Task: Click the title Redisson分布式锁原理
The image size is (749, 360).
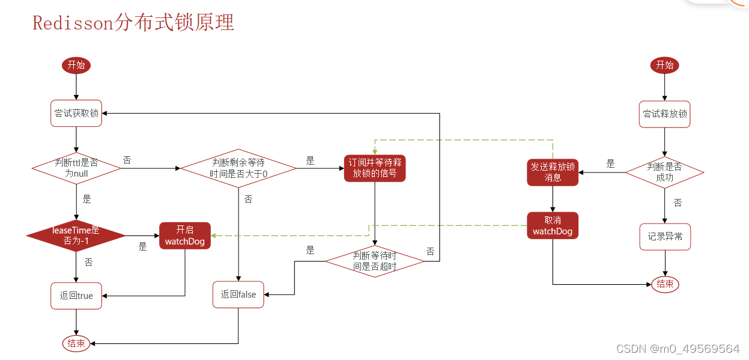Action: (133, 23)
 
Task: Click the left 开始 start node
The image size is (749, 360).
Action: (76, 65)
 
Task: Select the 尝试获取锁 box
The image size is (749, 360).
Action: (76, 113)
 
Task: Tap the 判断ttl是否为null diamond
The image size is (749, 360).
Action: (76, 168)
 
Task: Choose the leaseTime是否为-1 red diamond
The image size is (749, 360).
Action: (76, 236)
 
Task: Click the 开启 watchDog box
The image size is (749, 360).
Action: (185, 236)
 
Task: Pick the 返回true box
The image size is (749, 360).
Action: (76, 296)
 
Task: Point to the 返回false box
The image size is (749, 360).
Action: (238, 294)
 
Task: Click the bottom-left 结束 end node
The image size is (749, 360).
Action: (76, 343)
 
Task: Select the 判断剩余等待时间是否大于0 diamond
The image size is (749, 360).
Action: (238, 168)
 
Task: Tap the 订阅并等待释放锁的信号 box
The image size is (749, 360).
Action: (375, 168)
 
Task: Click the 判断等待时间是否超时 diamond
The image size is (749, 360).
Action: (375, 261)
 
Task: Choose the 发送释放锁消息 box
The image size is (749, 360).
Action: (553, 172)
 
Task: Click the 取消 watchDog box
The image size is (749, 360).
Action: (553, 225)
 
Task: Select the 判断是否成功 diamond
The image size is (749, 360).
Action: (664, 172)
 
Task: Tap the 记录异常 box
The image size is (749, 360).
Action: (665, 237)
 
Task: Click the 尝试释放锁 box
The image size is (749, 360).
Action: (665, 114)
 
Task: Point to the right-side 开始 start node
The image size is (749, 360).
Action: (664, 65)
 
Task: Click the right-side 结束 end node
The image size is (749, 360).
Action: (665, 284)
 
